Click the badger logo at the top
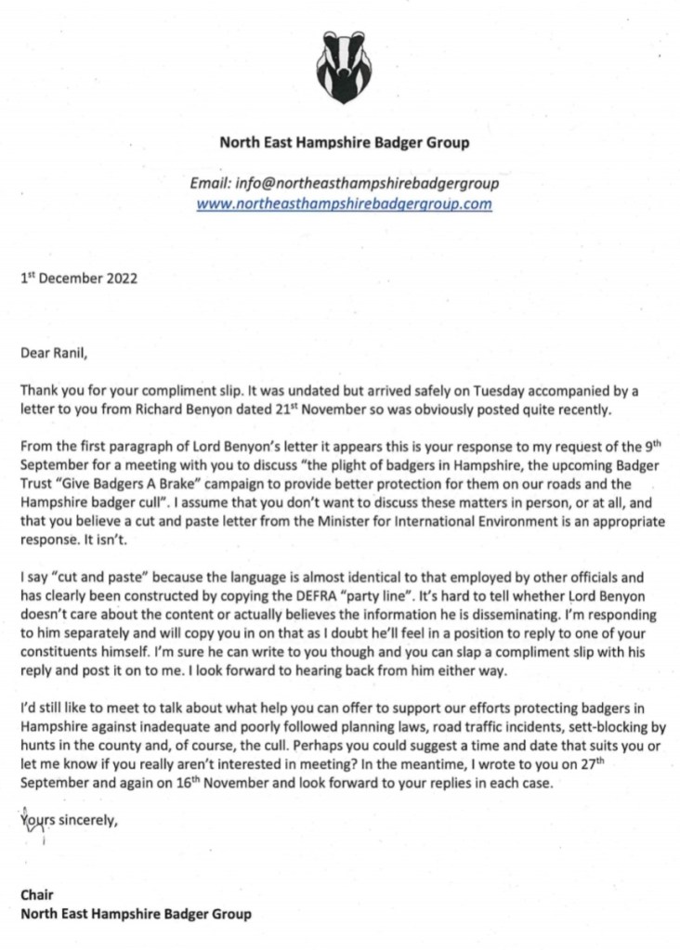[343, 67]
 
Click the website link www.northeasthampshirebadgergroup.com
[344, 204]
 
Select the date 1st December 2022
[78, 278]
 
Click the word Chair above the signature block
[36, 895]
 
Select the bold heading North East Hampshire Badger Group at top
[344, 143]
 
